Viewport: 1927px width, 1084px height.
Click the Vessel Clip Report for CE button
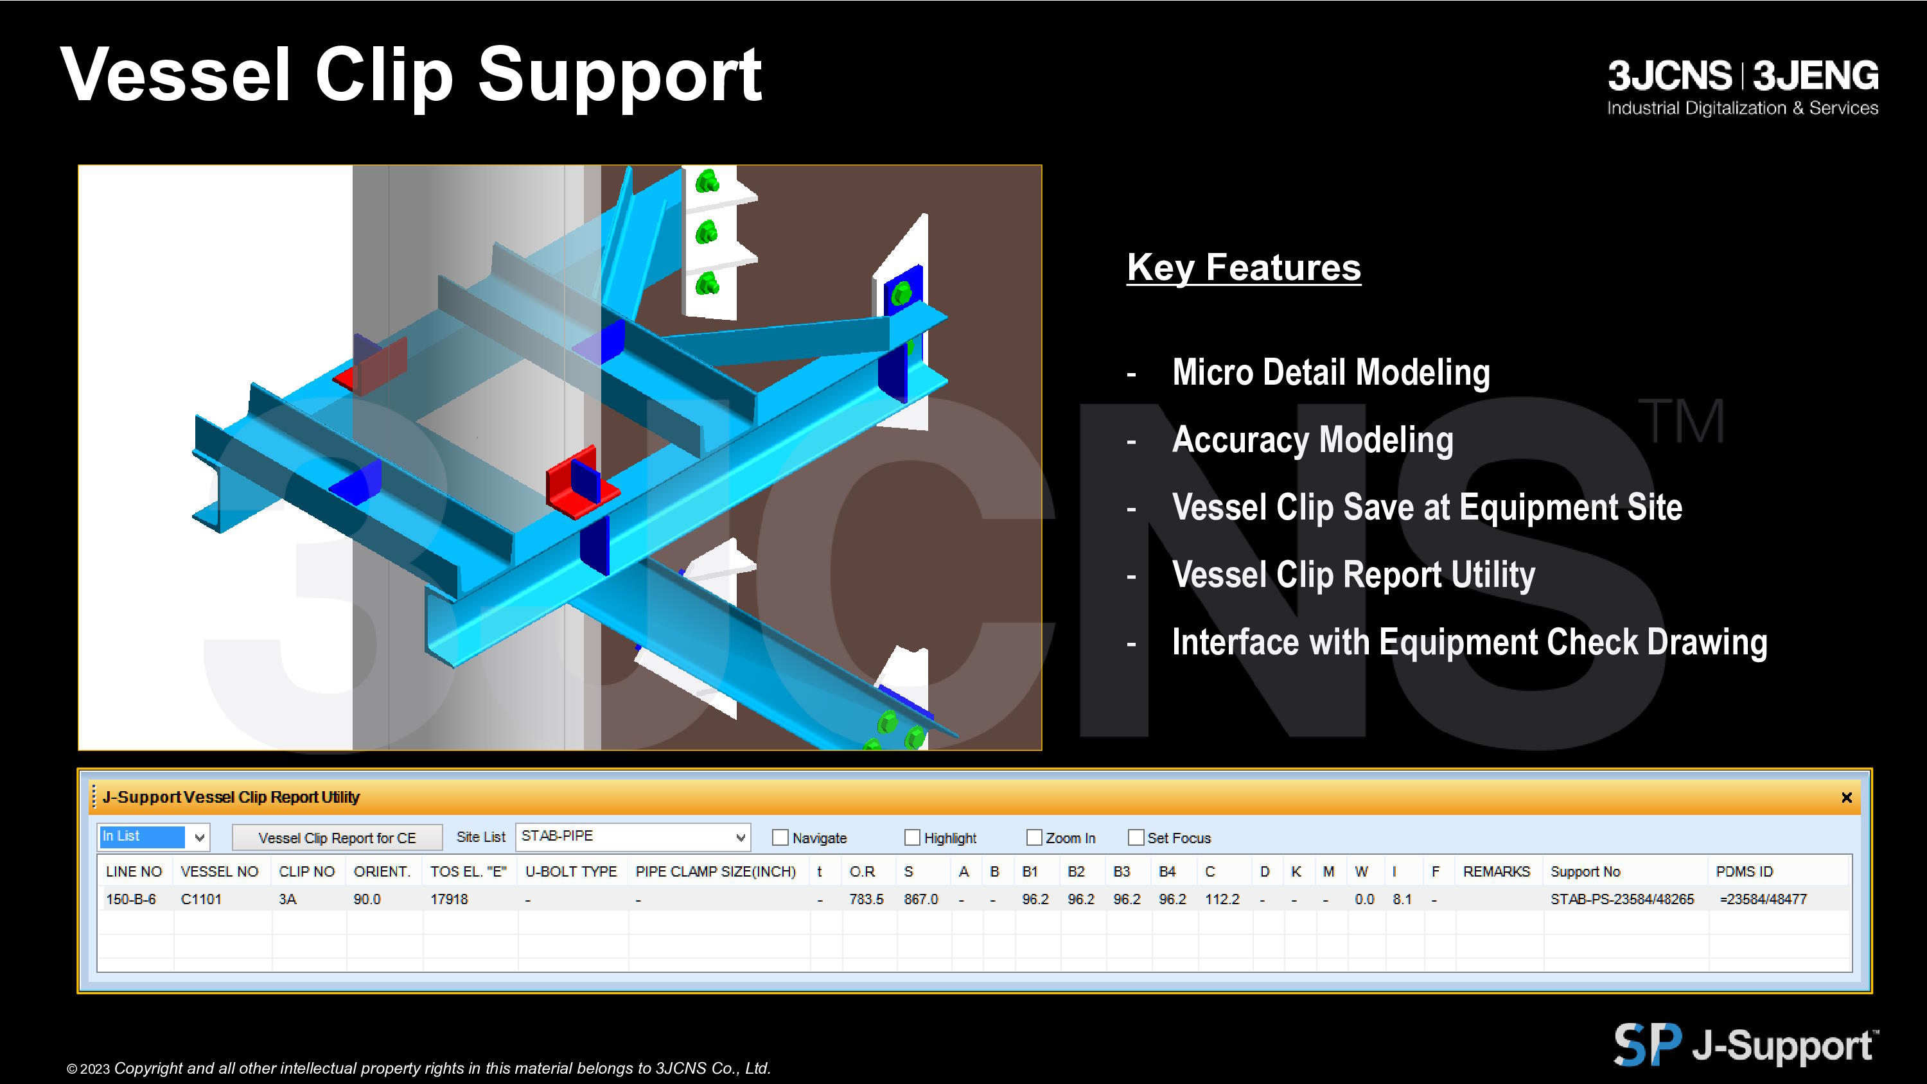click(337, 837)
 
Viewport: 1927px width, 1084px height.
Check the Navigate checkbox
click(780, 837)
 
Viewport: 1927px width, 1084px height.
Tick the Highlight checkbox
click(912, 837)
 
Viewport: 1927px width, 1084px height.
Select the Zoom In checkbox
click(1034, 837)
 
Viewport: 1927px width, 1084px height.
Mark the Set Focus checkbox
click(1136, 837)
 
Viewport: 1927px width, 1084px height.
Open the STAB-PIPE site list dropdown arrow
click(740, 837)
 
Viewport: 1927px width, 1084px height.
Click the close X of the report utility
click(1846, 798)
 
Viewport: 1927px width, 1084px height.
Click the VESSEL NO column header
click(219, 871)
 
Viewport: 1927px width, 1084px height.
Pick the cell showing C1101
click(201, 899)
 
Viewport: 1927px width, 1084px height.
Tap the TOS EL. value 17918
click(449, 899)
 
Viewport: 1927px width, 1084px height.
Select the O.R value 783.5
click(867, 899)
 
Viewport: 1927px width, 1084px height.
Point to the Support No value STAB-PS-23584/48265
click(1622, 899)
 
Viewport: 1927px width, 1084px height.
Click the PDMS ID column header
click(1744, 871)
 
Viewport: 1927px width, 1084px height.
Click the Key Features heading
click(1244, 267)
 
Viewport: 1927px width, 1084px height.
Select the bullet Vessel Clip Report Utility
click(1353, 575)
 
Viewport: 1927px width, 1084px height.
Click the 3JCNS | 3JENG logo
click(1743, 87)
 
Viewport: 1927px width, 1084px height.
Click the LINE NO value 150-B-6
click(131, 899)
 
